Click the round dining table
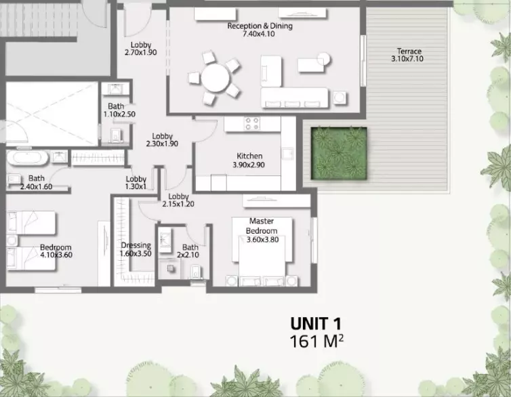(216, 78)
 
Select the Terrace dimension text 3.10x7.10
(407, 59)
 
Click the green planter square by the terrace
(339, 153)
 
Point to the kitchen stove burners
(252, 123)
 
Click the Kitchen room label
(249, 156)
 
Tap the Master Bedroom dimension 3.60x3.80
(263, 240)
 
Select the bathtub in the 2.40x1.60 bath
(28, 158)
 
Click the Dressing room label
(136, 245)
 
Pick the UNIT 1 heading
(316, 324)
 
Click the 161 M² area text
(316, 341)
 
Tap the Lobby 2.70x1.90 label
(141, 49)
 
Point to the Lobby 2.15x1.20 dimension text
(178, 204)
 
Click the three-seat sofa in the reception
(294, 98)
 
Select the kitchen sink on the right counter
(288, 153)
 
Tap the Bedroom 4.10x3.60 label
(56, 251)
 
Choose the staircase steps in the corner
(39, 20)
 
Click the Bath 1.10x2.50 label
(119, 110)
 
